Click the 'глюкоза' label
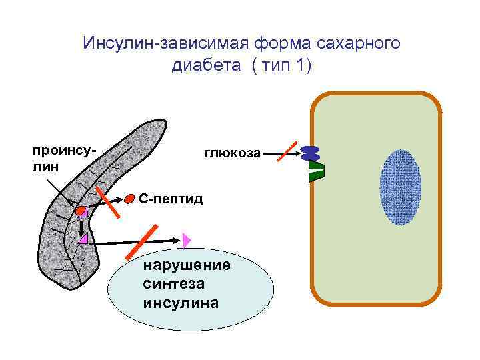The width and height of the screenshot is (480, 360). pos(232,153)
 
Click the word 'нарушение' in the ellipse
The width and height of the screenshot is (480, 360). pos(187,265)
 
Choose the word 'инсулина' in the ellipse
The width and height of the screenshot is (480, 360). pos(180,302)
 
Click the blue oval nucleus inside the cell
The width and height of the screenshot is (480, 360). pos(400,187)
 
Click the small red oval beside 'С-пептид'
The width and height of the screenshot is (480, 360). pos(129,198)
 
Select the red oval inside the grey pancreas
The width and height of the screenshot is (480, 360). pos(81,211)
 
